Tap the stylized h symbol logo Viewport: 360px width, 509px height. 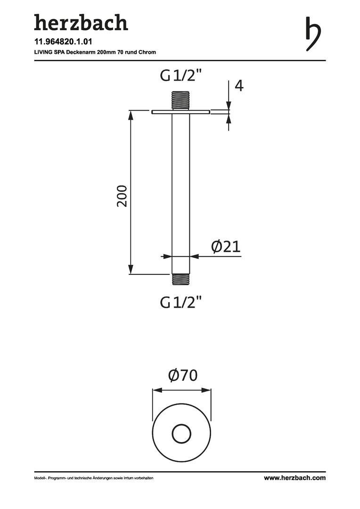[313, 33]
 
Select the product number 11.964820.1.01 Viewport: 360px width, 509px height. [63, 41]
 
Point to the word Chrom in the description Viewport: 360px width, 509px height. [147, 52]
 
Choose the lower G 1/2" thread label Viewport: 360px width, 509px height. [181, 303]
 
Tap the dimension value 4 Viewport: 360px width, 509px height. [239, 86]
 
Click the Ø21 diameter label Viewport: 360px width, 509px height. [226, 246]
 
